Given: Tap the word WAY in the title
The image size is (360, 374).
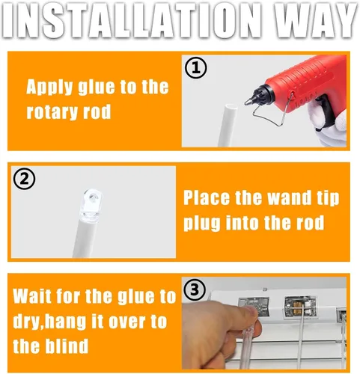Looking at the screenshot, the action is pyautogui.click(x=309, y=20).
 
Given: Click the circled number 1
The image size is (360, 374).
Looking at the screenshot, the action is pyautogui.click(x=195, y=68).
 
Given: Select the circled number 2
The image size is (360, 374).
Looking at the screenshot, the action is pyautogui.click(x=24, y=180).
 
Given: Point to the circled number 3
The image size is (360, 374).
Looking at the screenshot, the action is pyautogui.click(x=195, y=290).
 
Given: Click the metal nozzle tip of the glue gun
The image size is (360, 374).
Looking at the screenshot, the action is pyautogui.click(x=248, y=102).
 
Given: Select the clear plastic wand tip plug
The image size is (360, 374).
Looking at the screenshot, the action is pyautogui.click(x=92, y=203).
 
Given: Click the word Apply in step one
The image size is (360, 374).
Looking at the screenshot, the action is pyautogui.click(x=49, y=88).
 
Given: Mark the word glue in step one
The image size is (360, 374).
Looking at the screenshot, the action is pyautogui.click(x=97, y=88).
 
